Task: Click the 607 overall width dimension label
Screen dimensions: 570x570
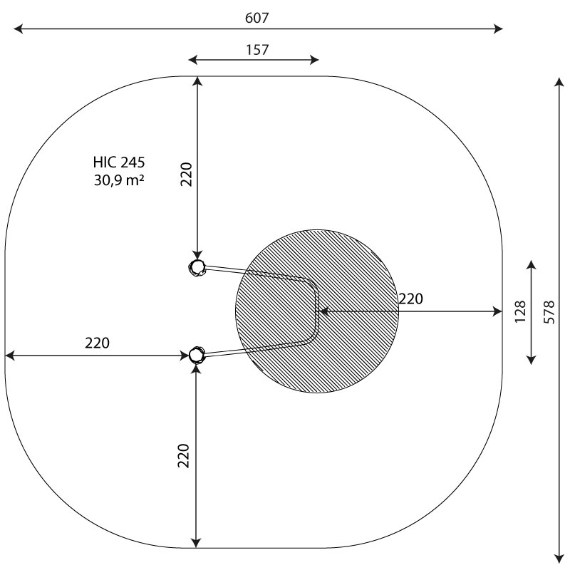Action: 257,18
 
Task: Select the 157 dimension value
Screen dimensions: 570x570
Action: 257,50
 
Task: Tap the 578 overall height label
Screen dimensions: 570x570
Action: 549,312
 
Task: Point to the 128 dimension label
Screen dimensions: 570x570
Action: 520,311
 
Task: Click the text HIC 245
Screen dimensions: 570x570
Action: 119,162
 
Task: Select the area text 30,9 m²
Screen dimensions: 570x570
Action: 119,180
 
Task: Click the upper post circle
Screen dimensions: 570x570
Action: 197,268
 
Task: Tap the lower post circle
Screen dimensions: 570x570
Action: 197,355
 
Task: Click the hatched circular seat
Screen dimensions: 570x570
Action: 317,311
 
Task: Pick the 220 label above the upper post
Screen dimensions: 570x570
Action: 186,175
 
